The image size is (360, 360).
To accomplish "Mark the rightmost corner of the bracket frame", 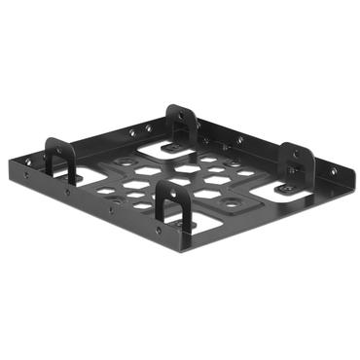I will [x=344, y=176].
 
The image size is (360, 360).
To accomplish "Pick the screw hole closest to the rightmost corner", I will [x=332, y=173].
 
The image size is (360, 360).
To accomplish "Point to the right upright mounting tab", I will [x=296, y=162].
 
